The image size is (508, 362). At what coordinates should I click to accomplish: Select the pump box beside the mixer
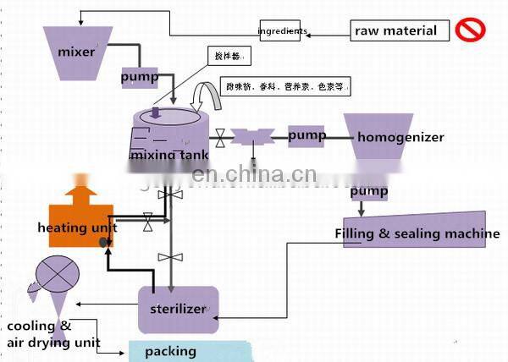point(139,76)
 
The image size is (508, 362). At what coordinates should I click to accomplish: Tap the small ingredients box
point(283,31)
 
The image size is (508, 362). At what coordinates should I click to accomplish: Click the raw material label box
point(396,31)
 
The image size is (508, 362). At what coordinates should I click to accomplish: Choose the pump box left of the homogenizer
point(306,135)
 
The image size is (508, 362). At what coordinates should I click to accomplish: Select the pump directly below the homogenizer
point(370,192)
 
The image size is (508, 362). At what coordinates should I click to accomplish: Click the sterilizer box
point(178,309)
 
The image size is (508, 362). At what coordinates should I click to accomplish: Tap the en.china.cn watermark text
point(254,176)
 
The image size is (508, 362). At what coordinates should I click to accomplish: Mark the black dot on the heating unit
point(103,243)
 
